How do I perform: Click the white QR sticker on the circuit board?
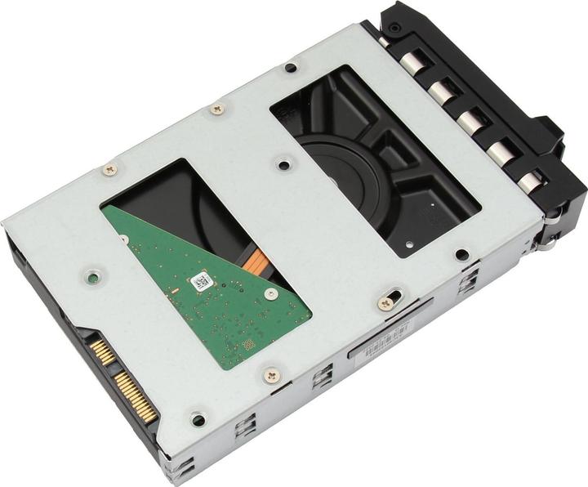tap(201, 282)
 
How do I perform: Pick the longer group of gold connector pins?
tap(136, 398)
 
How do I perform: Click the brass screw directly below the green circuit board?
tap(271, 374)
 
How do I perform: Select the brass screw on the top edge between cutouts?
tap(216, 108)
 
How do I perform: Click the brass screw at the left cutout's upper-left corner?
tap(109, 169)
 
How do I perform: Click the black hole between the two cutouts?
tap(283, 164)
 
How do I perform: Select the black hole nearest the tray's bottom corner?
tap(198, 421)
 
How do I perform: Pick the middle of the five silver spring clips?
tap(469, 119)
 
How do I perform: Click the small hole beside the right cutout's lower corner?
tap(462, 254)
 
